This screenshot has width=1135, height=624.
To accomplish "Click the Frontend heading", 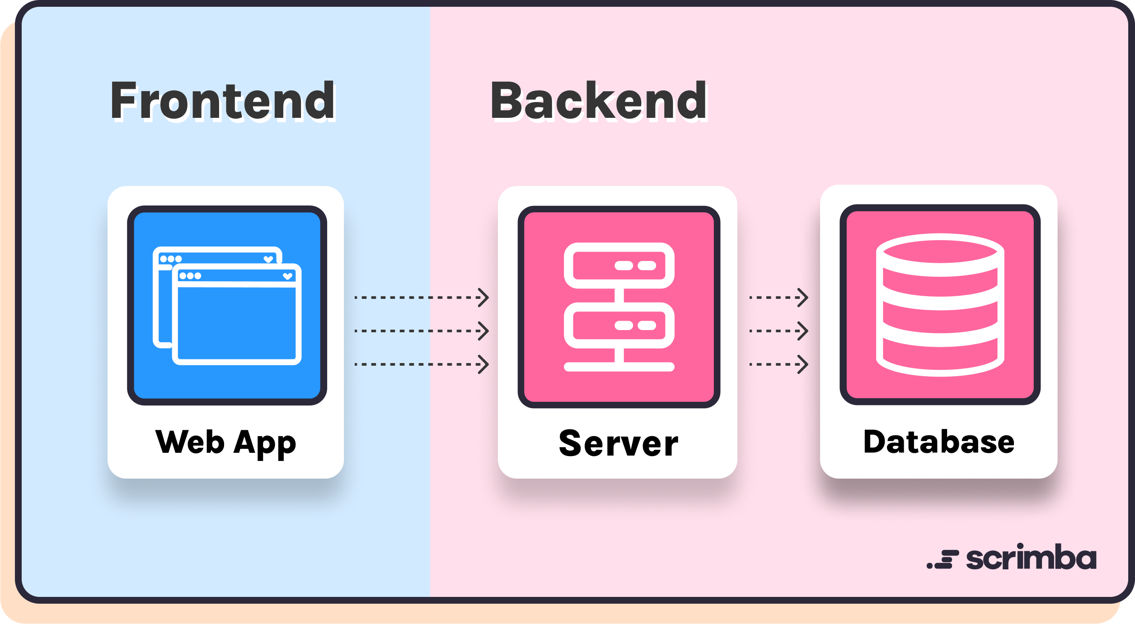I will point(223,101).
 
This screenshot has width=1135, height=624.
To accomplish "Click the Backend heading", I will point(598,101).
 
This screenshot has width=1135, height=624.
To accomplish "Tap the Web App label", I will point(225,442).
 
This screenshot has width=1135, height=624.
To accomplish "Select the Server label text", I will point(618,443).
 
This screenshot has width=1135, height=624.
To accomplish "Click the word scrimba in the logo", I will point(1031,558).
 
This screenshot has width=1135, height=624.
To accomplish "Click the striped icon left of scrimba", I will point(943,559).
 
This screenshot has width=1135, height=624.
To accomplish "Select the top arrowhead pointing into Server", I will point(484,298).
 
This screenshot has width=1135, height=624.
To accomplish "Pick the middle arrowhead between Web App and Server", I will point(484,331).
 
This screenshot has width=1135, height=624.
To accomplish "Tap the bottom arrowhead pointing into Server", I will point(484,364).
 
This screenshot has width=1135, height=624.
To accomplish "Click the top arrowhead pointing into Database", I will point(803,298).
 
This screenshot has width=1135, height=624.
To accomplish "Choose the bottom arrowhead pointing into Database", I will point(803,364).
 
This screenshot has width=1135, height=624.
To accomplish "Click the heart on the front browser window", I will point(287,276).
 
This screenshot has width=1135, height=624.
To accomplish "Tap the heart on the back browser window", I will point(268,259).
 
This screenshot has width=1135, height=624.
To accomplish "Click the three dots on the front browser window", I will point(190,276).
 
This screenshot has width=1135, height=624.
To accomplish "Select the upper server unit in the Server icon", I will point(619,265).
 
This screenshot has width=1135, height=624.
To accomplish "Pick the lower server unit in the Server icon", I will point(619,326).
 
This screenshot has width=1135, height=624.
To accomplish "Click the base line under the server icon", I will point(619,367).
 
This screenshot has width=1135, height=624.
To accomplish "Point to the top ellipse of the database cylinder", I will point(940,248).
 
